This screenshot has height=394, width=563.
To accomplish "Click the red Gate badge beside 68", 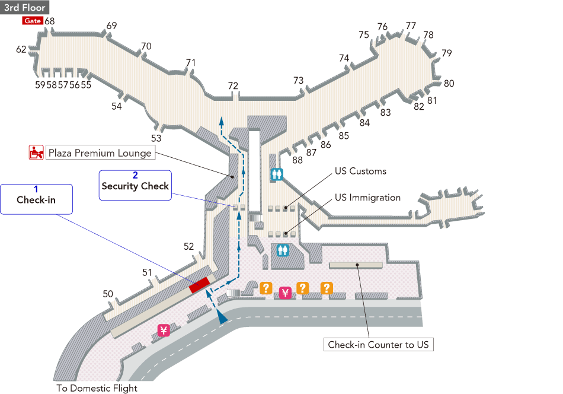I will [32, 21].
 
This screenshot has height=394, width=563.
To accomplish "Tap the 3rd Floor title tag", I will [24, 8].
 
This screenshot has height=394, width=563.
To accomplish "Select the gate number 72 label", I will [233, 86].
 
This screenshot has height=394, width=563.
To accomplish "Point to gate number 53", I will [156, 138].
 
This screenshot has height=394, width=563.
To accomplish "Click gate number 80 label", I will [449, 84].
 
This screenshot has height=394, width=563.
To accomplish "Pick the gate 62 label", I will [21, 50].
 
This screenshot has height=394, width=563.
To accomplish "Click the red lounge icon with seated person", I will [36, 152].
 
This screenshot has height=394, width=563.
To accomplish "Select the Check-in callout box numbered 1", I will [36, 199].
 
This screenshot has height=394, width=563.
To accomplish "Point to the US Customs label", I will [360, 171].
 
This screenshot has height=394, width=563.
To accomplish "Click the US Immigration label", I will [367, 198].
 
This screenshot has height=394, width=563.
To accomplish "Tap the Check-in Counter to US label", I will [378, 345].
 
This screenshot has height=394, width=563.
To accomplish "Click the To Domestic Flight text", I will [97, 389].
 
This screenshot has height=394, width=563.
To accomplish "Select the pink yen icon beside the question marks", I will [284, 292].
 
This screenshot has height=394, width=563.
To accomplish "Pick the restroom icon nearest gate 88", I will [277, 174].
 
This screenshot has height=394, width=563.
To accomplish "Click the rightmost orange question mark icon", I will [326, 288].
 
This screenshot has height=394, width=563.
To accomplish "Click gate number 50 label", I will [108, 294].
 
